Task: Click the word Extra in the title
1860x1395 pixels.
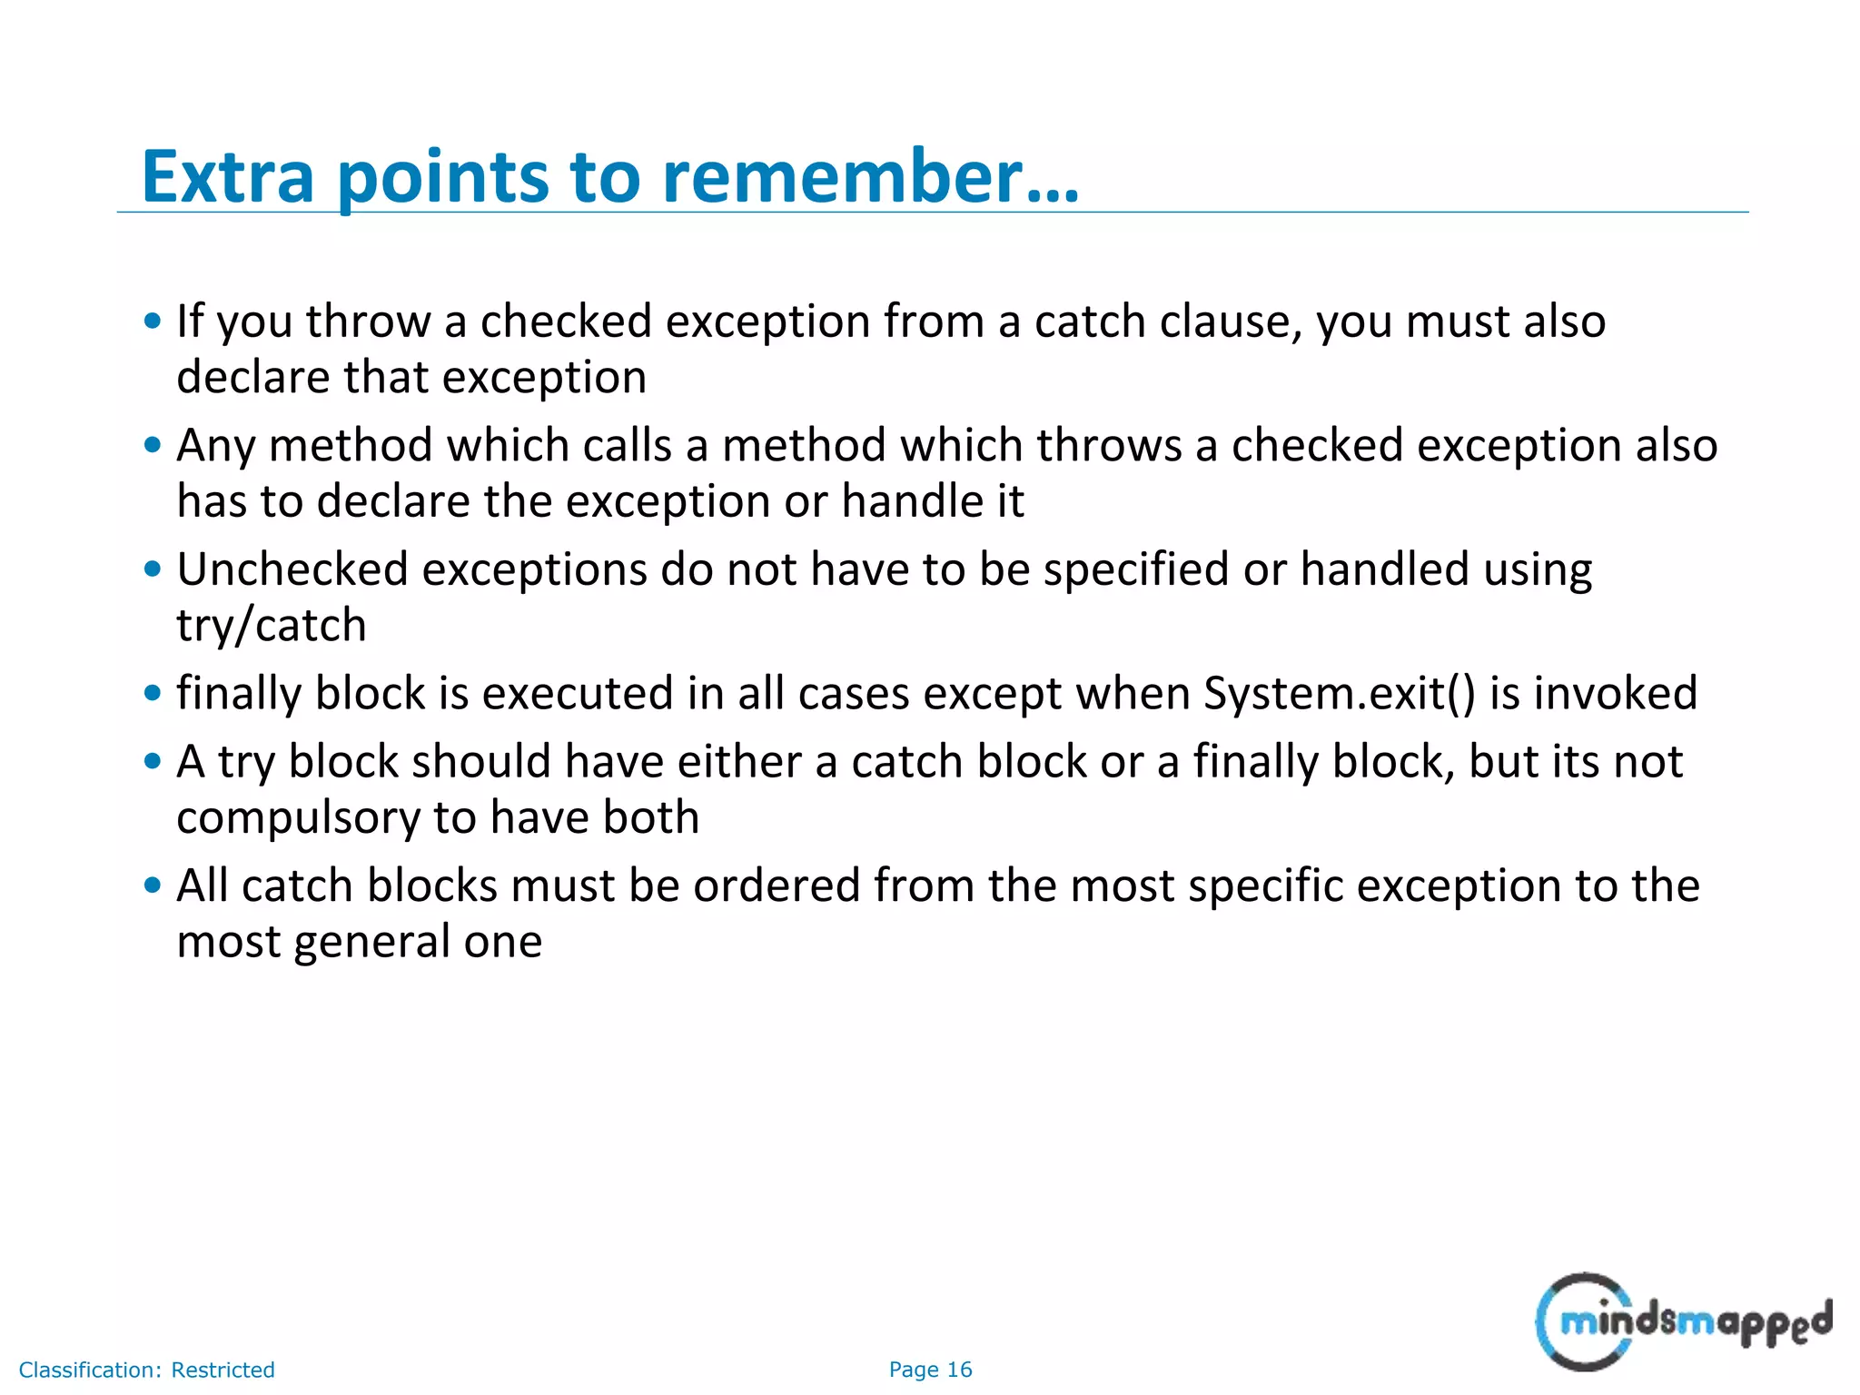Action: (x=228, y=176)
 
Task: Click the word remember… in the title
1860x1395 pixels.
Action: (x=870, y=176)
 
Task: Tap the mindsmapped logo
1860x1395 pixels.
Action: (x=1683, y=1321)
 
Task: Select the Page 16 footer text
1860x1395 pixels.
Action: (x=930, y=1370)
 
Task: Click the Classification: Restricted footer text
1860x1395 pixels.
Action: (x=146, y=1370)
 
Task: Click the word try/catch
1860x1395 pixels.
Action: (x=272, y=627)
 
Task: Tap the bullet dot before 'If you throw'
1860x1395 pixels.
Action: (x=153, y=321)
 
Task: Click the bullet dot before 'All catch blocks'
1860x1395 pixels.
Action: (x=153, y=885)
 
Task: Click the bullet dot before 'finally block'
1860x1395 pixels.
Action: (x=153, y=694)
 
